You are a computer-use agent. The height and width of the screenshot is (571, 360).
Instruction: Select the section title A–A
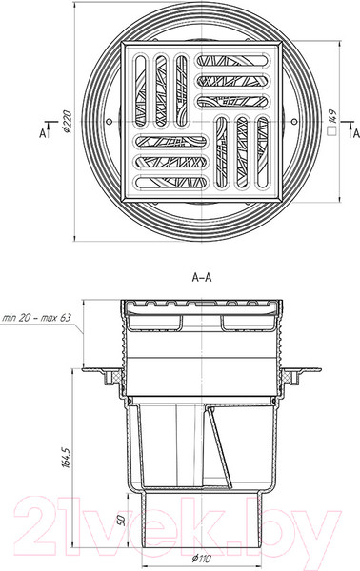coord(202,278)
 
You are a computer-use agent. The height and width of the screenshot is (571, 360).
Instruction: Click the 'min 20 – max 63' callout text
coord(36,317)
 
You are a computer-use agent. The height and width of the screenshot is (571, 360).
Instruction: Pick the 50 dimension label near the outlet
coord(122,520)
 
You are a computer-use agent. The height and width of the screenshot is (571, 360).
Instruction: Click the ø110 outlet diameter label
coord(201,559)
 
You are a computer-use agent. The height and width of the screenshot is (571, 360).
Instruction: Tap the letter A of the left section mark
coord(43,133)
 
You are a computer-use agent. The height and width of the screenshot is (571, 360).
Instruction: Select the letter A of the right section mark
coord(356,133)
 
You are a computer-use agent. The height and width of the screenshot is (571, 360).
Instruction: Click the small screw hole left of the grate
coord(109,121)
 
